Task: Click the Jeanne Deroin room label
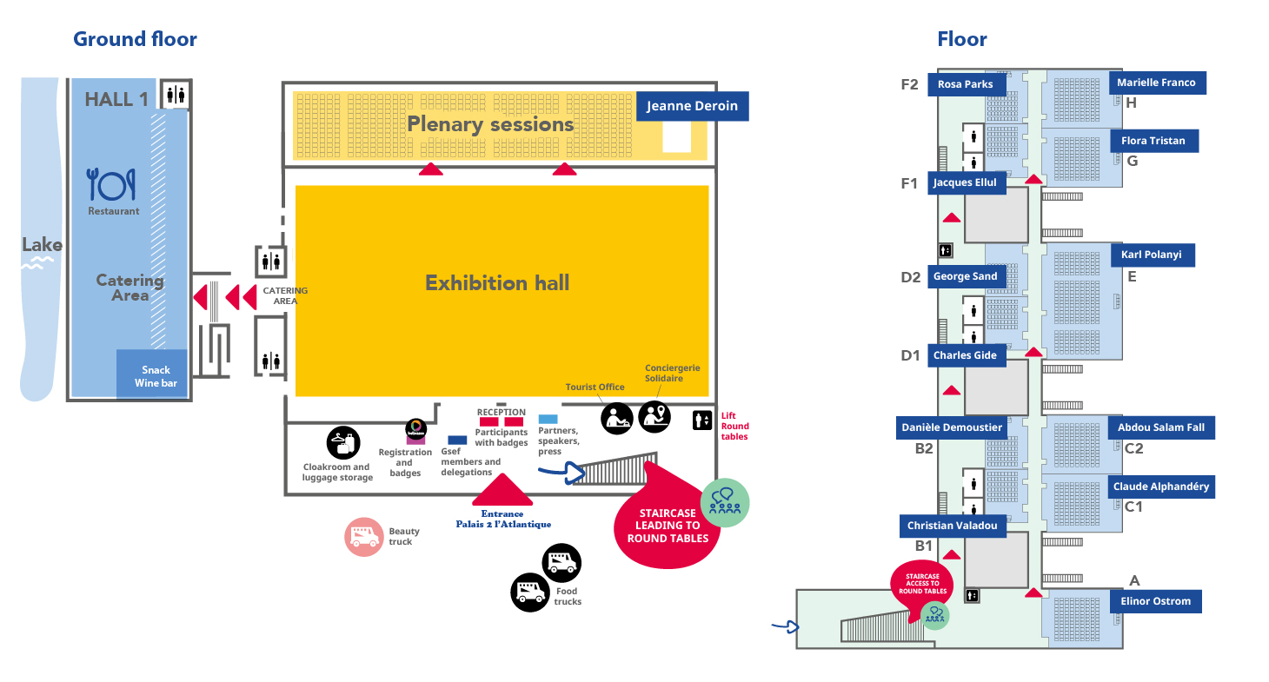coord(692,107)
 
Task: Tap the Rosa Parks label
coord(971,84)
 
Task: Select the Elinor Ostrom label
coord(1155,601)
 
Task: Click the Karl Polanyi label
coord(1153,255)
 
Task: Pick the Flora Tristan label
coord(1153,141)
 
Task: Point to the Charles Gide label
coord(964,355)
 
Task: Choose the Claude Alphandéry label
coord(1160,487)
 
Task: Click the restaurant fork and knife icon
coord(112,184)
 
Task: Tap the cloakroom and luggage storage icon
coord(343,443)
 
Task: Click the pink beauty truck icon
coord(363,537)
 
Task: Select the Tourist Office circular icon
coord(617,418)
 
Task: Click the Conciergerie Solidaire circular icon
coord(654,416)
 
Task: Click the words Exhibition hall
coord(496,283)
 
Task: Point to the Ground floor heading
coord(135,39)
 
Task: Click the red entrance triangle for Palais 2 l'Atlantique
coord(502,491)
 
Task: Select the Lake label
coord(42,245)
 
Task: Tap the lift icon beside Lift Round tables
coord(701,421)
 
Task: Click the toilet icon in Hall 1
coord(176,95)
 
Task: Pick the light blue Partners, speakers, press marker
coord(548,419)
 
